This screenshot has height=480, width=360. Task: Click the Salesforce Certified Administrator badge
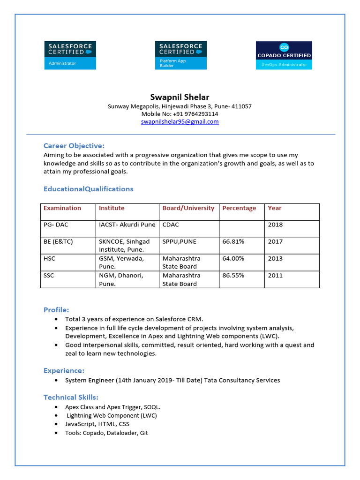pos(70,55)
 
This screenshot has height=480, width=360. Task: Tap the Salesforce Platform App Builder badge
pos(180,55)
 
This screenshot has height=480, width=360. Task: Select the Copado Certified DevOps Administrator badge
pos(284,55)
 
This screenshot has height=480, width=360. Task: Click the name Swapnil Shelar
pos(180,97)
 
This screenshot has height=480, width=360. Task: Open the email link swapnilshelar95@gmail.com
pos(180,122)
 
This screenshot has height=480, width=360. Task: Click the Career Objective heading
pos(74,145)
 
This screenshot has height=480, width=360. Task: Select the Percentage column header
pos(239,208)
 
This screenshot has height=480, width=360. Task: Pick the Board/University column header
pos(188,208)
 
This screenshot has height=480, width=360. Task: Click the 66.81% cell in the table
pos(233,241)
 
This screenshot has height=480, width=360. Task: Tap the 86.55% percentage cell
pos(233,275)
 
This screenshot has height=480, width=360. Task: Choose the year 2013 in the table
pos(275,258)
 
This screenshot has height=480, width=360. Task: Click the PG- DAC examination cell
pos(56,225)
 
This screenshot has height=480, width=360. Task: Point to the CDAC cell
pos(171,225)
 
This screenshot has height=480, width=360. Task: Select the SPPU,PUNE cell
pos(180,241)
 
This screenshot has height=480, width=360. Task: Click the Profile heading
pos(56,310)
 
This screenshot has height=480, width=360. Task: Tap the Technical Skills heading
pos(71,397)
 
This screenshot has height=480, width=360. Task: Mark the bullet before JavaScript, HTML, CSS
pos(57,424)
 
